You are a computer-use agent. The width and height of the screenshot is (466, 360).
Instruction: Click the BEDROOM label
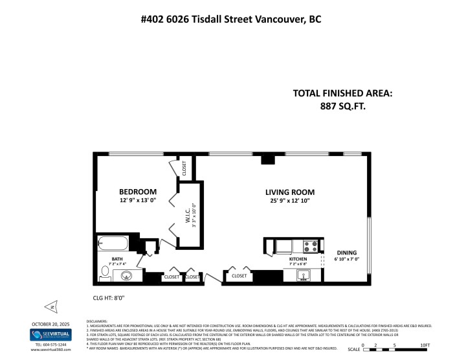pyautogui.click(x=138, y=192)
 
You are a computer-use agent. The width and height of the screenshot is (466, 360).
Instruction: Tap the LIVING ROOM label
pyautogui.click(x=289, y=192)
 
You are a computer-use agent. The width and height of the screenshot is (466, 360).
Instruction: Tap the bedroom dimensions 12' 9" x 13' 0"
pyautogui.click(x=138, y=201)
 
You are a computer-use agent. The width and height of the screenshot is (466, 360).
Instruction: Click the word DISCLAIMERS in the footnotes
pyautogui.click(x=100, y=321)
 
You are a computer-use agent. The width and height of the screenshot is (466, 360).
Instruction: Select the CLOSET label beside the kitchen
pyautogui.click(x=239, y=276)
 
